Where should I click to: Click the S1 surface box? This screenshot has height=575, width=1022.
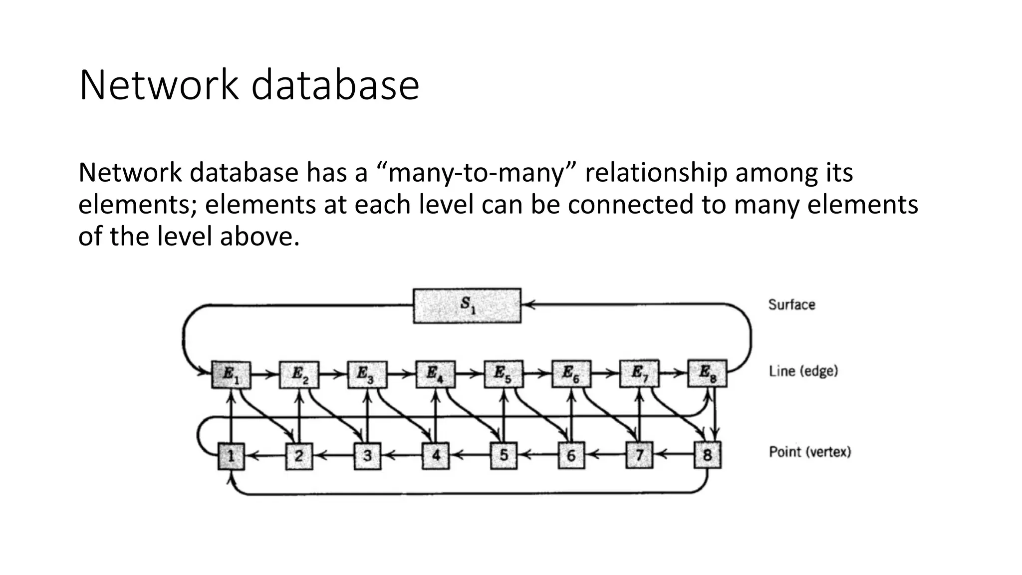click(x=467, y=305)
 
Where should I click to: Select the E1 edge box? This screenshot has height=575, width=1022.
click(x=231, y=374)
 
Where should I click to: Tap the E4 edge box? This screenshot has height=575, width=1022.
click(x=435, y=374)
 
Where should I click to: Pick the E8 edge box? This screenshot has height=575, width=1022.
click(x=707, y=373)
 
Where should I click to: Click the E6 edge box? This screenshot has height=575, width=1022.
click(x=571, y=374)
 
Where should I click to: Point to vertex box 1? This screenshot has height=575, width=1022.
click(x=231, y=456)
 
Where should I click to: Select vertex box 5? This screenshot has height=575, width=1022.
click(x=504, y=456)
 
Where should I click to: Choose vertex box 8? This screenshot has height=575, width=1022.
click(x=707, y=455)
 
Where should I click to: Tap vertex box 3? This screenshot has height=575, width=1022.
click(x=367, y=456)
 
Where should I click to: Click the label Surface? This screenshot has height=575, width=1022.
click(x=791, y=304)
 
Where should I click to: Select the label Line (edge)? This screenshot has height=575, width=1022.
click(x=803, y=371)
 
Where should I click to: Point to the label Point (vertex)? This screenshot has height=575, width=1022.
click(x=809, y=452)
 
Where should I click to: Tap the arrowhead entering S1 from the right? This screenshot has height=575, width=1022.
click(x=529, y=304)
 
